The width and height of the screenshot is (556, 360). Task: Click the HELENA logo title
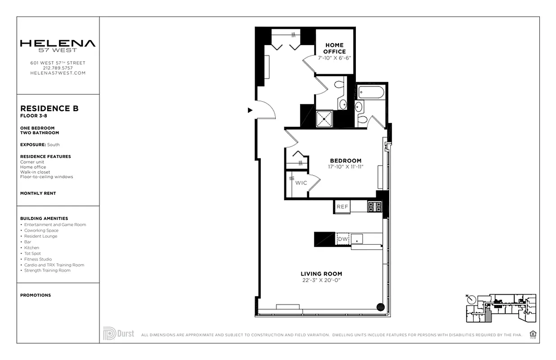pos(58,44)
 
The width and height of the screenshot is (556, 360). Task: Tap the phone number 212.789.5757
pos(58,68)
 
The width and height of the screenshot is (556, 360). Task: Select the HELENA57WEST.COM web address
pos(58,73)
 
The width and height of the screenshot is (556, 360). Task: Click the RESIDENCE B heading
pos(49,108)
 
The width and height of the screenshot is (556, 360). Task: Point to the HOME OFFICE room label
pos(334,48)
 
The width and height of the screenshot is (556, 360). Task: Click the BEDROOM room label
pos(345,161)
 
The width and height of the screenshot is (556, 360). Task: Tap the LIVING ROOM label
pos(321,274)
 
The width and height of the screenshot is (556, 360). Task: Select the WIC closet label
pos(301,183)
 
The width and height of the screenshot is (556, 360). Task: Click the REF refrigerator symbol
pos(342,207)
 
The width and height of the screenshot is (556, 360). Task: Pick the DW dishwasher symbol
pos(343,239)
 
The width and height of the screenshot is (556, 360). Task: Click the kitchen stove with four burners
pos(375,207)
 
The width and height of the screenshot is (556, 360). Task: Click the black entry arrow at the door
pos(250,110)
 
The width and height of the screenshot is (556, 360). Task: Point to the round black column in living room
pos(380,307)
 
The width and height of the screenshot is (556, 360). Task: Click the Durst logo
pos(118,333)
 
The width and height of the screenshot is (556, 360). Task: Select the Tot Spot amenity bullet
pos(32,253)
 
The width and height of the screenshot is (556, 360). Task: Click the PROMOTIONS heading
pos(36,295)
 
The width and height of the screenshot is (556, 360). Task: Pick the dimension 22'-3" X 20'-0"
pos(321,280)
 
